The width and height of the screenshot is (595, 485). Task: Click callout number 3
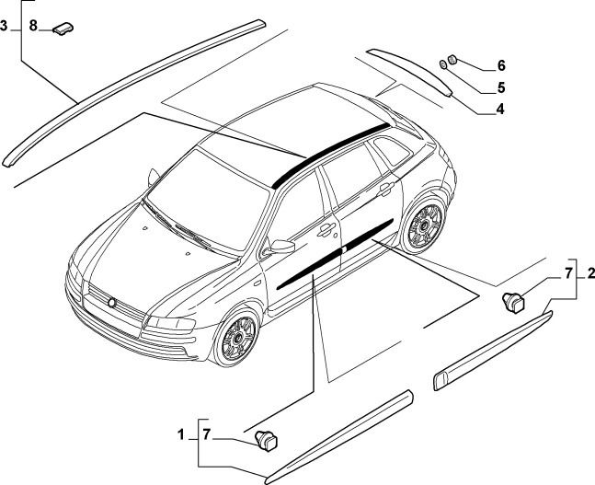click(x=4, y=26)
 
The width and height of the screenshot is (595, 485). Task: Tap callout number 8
click(x=33, y=26)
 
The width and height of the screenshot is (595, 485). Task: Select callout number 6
click(x=501, y=65)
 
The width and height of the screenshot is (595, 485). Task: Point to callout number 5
click(x=501, y=87)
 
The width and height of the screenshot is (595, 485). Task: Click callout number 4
click(x=500, y=110)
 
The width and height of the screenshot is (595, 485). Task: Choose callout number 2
click(x=590, y=273)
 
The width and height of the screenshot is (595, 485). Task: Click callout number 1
click(x=180, y=435)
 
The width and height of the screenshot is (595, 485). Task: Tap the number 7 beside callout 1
click(x=206, y=435)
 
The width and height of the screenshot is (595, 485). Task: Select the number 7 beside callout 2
click(x=567, y=273)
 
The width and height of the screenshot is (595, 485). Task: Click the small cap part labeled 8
click(x=63, y=29)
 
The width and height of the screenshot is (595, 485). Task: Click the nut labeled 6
click(x=452, y=59)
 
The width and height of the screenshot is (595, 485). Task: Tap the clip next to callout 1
click(x=266, y=441)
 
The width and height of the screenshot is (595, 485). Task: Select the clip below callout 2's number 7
click(x=513, y=302)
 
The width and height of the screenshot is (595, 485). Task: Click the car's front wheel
click(x=236, y=335)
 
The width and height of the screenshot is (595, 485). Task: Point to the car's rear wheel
click(x=424, y=225)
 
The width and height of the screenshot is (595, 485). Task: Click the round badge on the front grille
click(x=112, y=302)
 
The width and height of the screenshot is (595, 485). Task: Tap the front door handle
click(x=326, y=230)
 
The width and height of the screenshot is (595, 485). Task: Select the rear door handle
click(x=385, y=189)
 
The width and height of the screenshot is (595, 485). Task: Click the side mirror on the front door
click(x=280, y=247)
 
